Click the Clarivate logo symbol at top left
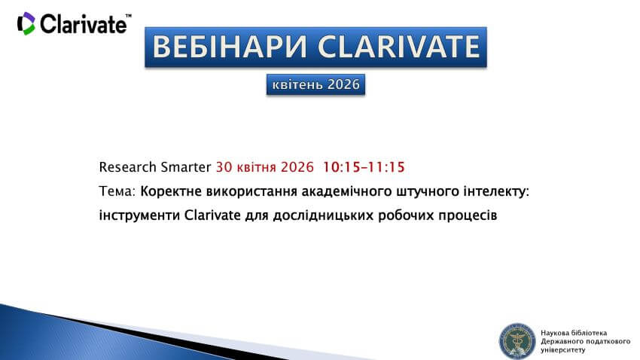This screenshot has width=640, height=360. pos(26,23)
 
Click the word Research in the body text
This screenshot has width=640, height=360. pos(127,166)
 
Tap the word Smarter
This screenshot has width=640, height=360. pos(186,166)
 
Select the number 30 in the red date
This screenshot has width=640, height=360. pos(224,166)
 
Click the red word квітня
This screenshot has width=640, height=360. pos(256,166)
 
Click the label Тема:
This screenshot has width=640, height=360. pos(117,191)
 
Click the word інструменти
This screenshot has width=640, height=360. pos(139,215)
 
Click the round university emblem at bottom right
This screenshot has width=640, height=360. pos(517,340)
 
